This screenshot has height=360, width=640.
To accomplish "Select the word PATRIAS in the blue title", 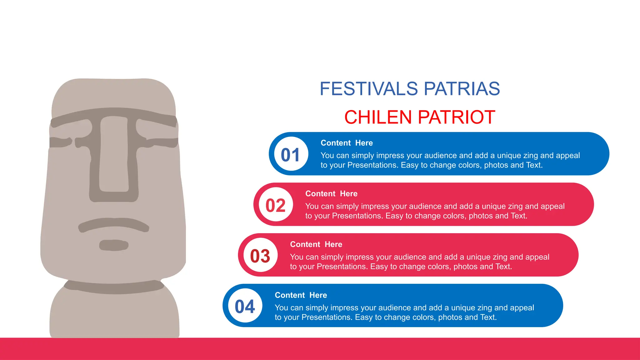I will click(462, 89).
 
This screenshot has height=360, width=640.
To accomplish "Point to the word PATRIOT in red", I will click(456, 117).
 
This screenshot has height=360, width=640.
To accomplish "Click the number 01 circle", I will click(291, 154).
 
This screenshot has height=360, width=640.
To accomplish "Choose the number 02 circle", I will click(276, 205).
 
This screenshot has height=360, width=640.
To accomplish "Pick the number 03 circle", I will click(260, 256).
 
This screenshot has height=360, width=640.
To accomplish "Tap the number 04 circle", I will click(245, 306).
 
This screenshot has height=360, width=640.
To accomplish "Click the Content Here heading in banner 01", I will click(347, 143).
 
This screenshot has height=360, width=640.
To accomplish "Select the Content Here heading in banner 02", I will click(331, 194).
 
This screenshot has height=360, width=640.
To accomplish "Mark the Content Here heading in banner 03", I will click(316, 244).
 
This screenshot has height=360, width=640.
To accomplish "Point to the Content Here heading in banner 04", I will click(301, 295).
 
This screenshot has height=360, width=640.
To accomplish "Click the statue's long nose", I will click(114, 156).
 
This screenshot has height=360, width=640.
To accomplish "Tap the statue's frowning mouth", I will click(114, 224).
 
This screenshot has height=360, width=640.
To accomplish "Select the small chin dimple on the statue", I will click(114, 245).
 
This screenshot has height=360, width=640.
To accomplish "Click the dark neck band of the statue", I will click(114, 287).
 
